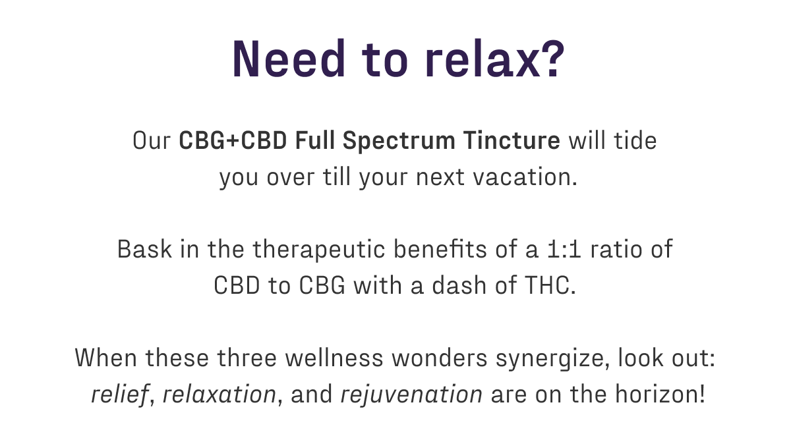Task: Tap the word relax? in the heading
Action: coord(495,59)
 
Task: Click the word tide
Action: coord(635,142)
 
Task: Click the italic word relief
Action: coord(119,395)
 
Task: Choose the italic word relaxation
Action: coord(220,395)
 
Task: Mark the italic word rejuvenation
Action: coord(411,395)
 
